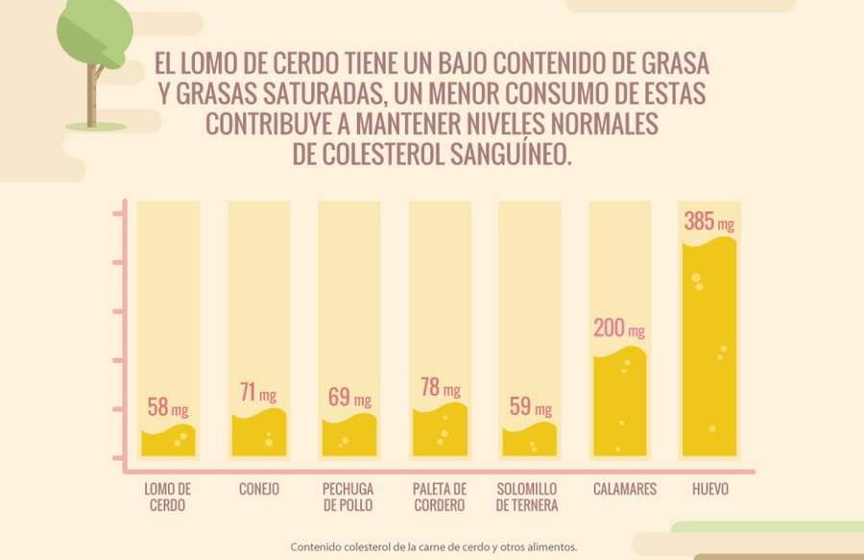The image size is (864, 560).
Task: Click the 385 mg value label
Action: pos(709,222)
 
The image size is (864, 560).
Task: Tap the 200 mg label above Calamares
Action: pos(618,329)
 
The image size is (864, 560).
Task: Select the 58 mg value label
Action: pos(167,406)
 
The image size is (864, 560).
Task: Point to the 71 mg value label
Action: pos(257,392)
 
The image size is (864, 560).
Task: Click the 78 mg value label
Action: pos(440,388)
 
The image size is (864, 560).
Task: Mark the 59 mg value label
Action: pos(530,406)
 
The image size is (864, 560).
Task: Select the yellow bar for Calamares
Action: pos(619,403)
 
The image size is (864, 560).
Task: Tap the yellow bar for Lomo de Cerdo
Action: pos(168,442)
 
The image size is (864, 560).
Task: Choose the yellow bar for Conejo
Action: pos(258,434)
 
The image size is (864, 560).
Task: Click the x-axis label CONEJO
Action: pos(259,489)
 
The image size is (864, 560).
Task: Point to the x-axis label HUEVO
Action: pos(710,489)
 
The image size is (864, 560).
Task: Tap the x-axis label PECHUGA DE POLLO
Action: pos(348,497)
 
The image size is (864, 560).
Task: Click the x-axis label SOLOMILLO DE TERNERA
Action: pos(529,497)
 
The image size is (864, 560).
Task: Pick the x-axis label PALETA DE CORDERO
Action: pos(439,497)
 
